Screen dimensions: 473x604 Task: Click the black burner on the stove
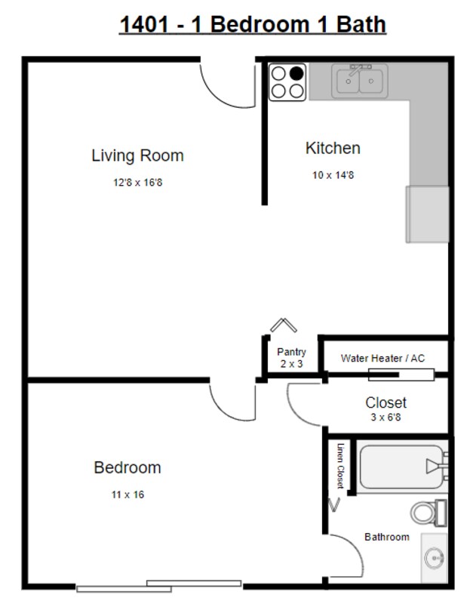[x=296, y=73]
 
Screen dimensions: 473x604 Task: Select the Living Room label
[x=137, y=156]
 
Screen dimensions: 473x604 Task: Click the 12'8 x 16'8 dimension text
[x=138, y=182]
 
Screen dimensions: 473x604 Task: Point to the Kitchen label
[x=333, y=148]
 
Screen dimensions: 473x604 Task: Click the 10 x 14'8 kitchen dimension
[x=333, y=175]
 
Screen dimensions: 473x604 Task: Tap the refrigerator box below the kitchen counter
[x=427, y=214]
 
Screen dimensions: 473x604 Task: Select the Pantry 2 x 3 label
[x=291, y=358]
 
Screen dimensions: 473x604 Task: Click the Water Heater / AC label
[x=383, y=358]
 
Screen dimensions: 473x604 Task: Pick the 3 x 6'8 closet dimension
[x=385, y=418]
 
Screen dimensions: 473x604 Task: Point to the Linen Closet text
[x=340, y=466]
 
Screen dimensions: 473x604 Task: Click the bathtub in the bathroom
[x=402, y=467]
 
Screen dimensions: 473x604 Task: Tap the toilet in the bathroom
[x=428, y=513]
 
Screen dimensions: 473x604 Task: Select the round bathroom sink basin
[x=435, y=557]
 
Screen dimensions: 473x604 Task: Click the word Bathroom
[x=387, y=537]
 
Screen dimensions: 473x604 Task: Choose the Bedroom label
[x=127, y=467]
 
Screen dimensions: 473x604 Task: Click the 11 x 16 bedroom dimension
[x=127, y=495]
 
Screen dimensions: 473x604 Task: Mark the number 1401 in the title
[x=144, y=24]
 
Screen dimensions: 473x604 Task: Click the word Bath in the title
[x=361, y=24]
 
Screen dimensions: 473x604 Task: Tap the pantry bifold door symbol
[x=284, y=325]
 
